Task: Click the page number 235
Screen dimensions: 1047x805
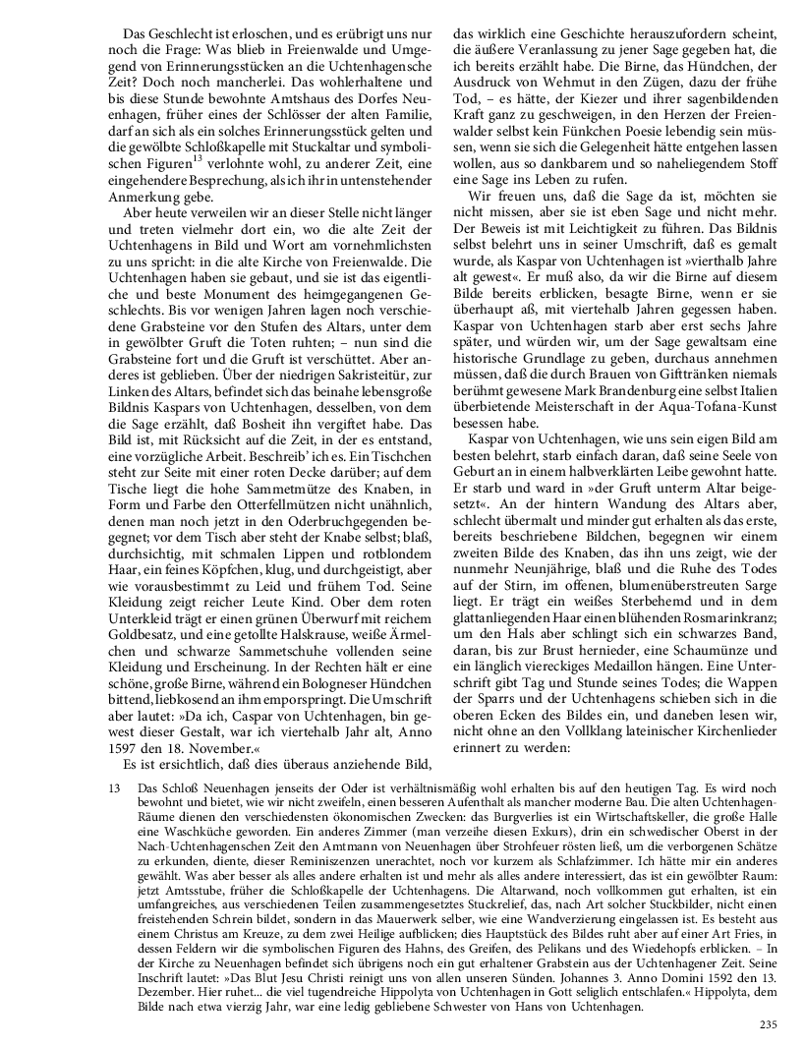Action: (x=768, y=1025)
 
